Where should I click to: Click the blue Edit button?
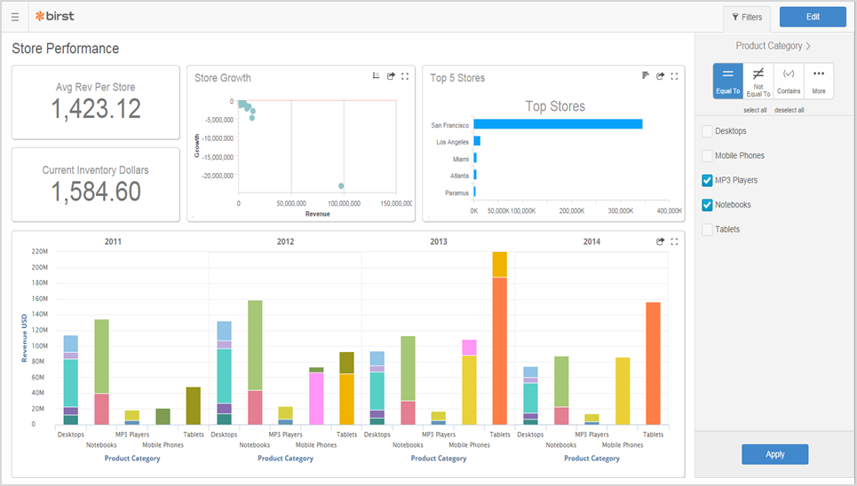click(x=813, y=17)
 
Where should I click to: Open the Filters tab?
click(x=747, y=18)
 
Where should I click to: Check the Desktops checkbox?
click(x=707, y=131)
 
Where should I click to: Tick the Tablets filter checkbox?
click(x=707, y=230)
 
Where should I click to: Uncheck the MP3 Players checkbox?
click(x=707, y=180)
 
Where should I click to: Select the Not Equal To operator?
click(x=758, y=82)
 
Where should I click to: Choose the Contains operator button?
click(x=789, y=82)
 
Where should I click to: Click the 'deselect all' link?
click(x=790, y=110)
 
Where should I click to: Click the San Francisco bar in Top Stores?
click(x=558, y=124)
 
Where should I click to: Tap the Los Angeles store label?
click(x=453, y=142)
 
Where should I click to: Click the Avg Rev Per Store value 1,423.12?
click(x=96, y=109)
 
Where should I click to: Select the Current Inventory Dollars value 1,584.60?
click(x=96, y=192)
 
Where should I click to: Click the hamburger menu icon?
click(x=15, y=17)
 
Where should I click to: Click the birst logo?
click(x=55, y=16)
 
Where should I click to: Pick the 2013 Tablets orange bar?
click(x=500, y=351)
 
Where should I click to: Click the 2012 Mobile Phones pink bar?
click(x=316, y=398)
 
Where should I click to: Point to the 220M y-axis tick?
click(x=40, y=252)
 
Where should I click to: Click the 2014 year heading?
click(x=592, y=241)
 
